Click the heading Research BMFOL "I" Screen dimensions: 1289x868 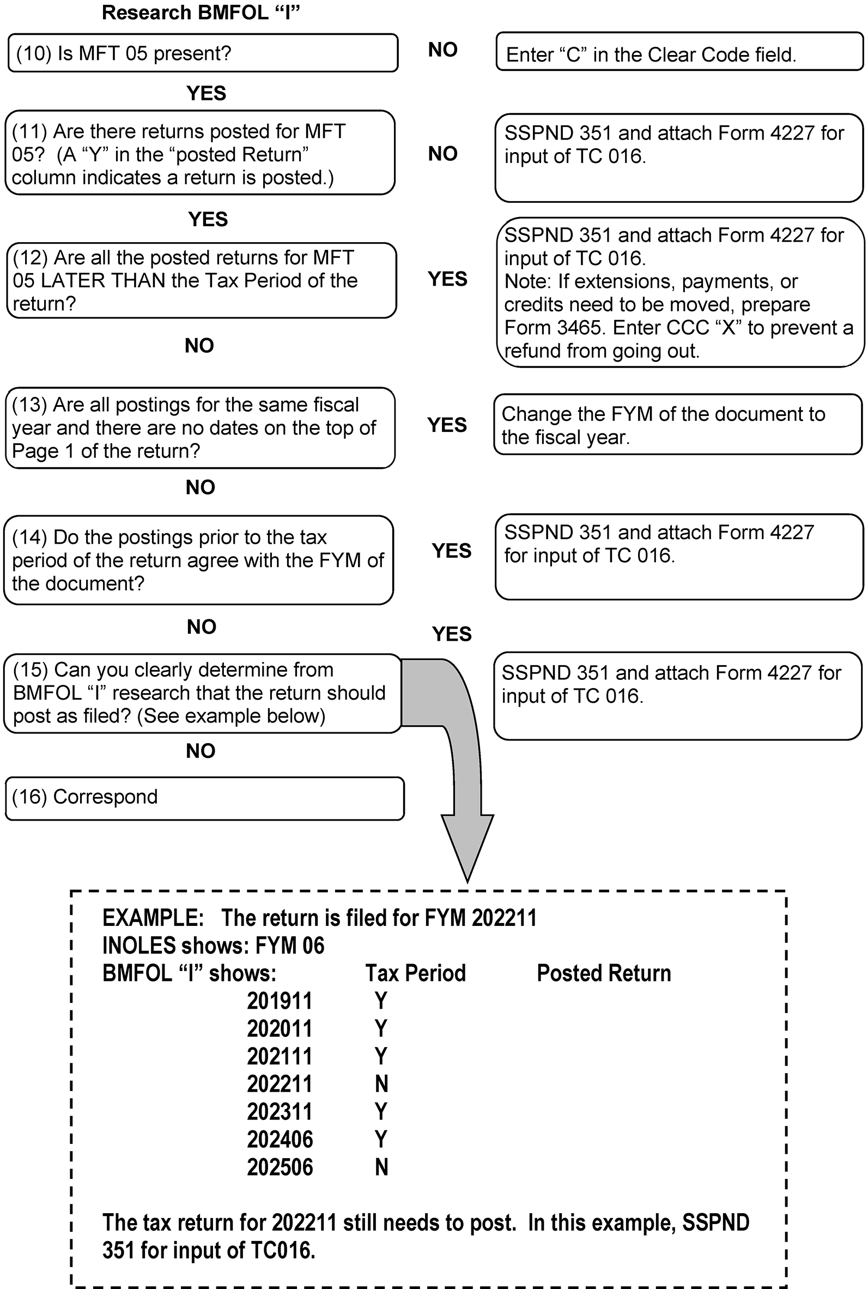tap(201, 13)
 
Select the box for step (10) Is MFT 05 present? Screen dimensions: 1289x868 tap(203, 53)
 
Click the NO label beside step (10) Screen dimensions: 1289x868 tap(442, 50)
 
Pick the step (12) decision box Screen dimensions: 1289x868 tap(202, 280)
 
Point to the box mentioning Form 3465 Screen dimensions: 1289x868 tap(680, 292)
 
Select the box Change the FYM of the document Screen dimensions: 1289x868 tap(678, 425)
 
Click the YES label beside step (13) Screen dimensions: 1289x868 tap(447, 425)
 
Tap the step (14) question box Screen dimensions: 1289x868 tap(198, 560)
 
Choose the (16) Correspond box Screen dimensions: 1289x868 tap(204, 798)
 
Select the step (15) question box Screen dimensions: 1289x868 tap(202, 693)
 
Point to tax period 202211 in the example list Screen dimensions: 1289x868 tap(280, 1084)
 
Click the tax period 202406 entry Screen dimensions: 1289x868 tap(280, 1140)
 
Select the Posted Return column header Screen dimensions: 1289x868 tap(603, 973)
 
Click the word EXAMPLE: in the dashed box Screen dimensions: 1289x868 tap(153, 918)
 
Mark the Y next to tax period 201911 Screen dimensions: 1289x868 tap(381, 1001)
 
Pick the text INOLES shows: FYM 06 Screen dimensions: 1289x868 tap(213, 945)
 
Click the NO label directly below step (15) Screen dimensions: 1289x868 tap(201, 751)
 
